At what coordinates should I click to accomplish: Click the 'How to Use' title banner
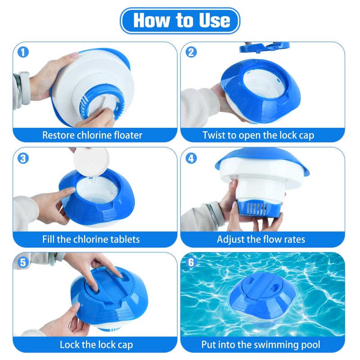pyautogui.click(x=180, y=20)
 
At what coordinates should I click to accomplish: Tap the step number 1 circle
pyautogui.click(x=23, y=52)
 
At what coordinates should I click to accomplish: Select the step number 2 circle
pyautogui.click(x=191, y=52)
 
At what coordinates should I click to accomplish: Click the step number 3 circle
pyautogui.click(x=23, y=158)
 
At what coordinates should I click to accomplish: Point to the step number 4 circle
pyautogui.click(x=191, y=158)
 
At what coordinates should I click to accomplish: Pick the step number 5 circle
pyautogui.click(x=23, y=262)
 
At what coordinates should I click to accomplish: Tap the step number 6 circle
pyautogui.click(x=191, y=262)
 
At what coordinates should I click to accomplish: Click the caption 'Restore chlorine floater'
pyautogui.click(x=92, y=135)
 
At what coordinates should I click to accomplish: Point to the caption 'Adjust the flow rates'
pyautogui.click(x=261, y=239)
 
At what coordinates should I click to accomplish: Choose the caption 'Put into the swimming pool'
pyautogui.click(x=261, y=345)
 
